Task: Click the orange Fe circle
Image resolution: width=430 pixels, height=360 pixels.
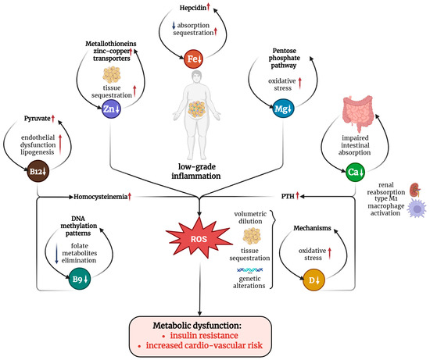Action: click(193, 59)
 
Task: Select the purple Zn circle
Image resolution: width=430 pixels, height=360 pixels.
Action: click(111, 109)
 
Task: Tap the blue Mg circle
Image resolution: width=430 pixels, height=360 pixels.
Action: click(283, 109)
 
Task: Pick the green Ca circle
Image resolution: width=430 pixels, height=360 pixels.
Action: click(356, 172)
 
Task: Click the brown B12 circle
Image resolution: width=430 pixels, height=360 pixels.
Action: click(38, 172)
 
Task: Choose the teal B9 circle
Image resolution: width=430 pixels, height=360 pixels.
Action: click(80, 279)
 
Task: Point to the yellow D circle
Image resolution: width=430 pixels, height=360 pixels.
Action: click(314, 280)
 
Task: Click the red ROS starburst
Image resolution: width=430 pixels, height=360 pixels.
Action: click(199, 238)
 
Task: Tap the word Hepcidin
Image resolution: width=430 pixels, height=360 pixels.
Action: click(193, 8)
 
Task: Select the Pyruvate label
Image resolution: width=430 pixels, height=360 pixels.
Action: click(38, 119)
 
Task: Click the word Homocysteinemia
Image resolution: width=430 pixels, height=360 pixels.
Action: click(100, 197)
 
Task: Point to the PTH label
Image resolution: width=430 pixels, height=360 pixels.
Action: click(288, 196)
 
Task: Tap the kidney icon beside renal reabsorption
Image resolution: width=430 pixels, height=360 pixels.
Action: click(415, 190)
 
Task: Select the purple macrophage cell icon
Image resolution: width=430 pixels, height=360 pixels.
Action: click(417, 209)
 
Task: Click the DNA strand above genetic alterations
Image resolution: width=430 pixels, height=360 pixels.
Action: click(250, 270)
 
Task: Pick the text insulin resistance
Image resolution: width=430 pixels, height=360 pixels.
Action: click(204, 335)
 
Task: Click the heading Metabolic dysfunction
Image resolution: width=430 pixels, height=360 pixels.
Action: click(197, 326)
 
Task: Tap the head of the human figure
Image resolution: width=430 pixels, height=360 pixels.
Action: click(196, 77)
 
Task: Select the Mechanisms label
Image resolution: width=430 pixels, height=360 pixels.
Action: click(312, 228)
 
